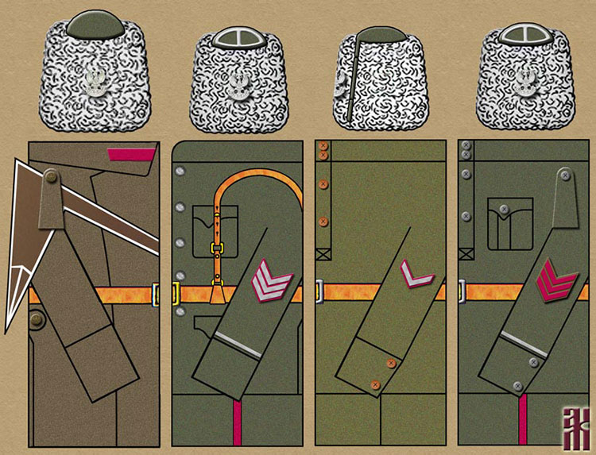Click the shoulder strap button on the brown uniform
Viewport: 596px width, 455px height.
pos(49,177)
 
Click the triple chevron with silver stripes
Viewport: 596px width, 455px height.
pos(269,283)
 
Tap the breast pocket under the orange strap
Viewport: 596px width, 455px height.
pos(215,225)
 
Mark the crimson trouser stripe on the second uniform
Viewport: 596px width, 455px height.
pos(235,426)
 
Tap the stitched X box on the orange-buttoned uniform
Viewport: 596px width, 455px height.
pos(323,255)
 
